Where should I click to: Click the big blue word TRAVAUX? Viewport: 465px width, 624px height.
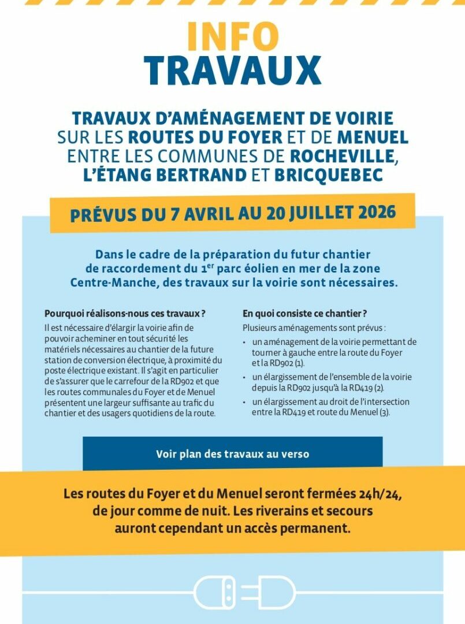tap(232, 70)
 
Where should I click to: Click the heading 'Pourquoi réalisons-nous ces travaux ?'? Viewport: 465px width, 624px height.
tap(125, 314)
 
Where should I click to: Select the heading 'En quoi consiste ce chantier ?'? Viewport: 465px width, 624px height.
tap(305, 314)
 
